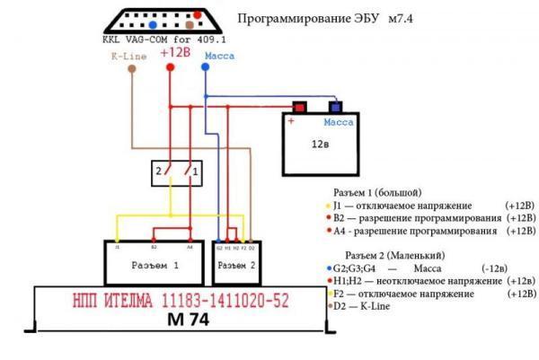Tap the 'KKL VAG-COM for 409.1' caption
pos(155,40)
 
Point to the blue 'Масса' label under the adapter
pos(221,56)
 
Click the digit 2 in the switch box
pos(157,170)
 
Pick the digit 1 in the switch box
pos(195,170)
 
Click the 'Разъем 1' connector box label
pos(155,267)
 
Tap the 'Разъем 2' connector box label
pos(239,267)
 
